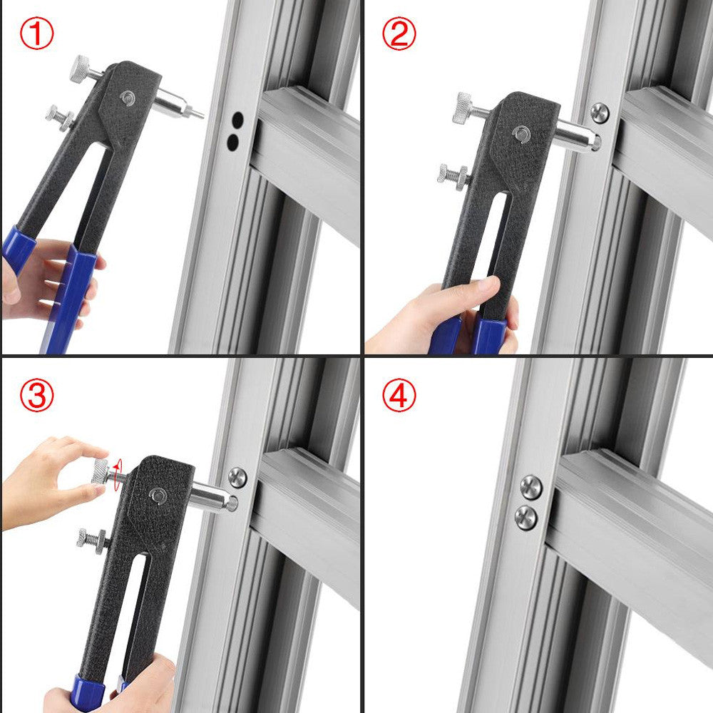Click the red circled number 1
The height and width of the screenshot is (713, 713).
pos(36,34)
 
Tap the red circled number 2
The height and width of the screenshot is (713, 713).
pos(399,34)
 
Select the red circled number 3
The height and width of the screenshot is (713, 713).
pos(36,395)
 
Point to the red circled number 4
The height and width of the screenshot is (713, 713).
pos(399,395)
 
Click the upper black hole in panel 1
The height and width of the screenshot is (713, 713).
pos(237,120)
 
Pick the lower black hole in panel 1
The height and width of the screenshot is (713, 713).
pos(232,143)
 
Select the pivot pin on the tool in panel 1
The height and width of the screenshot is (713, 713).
pos(128,97)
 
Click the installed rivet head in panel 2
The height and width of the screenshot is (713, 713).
pos(600,113)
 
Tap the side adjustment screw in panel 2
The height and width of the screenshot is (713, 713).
pos(453,174)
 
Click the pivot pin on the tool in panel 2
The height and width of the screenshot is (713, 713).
pos(521,134)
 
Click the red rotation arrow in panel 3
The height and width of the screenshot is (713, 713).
pos(118,475)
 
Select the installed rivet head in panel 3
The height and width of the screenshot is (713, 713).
pos(237,477)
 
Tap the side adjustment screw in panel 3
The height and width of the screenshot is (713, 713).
pos(93,538)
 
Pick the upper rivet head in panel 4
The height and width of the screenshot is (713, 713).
pos(531,487)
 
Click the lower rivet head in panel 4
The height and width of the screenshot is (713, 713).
pos(525,518)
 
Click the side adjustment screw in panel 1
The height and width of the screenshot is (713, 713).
pos(61,118)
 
